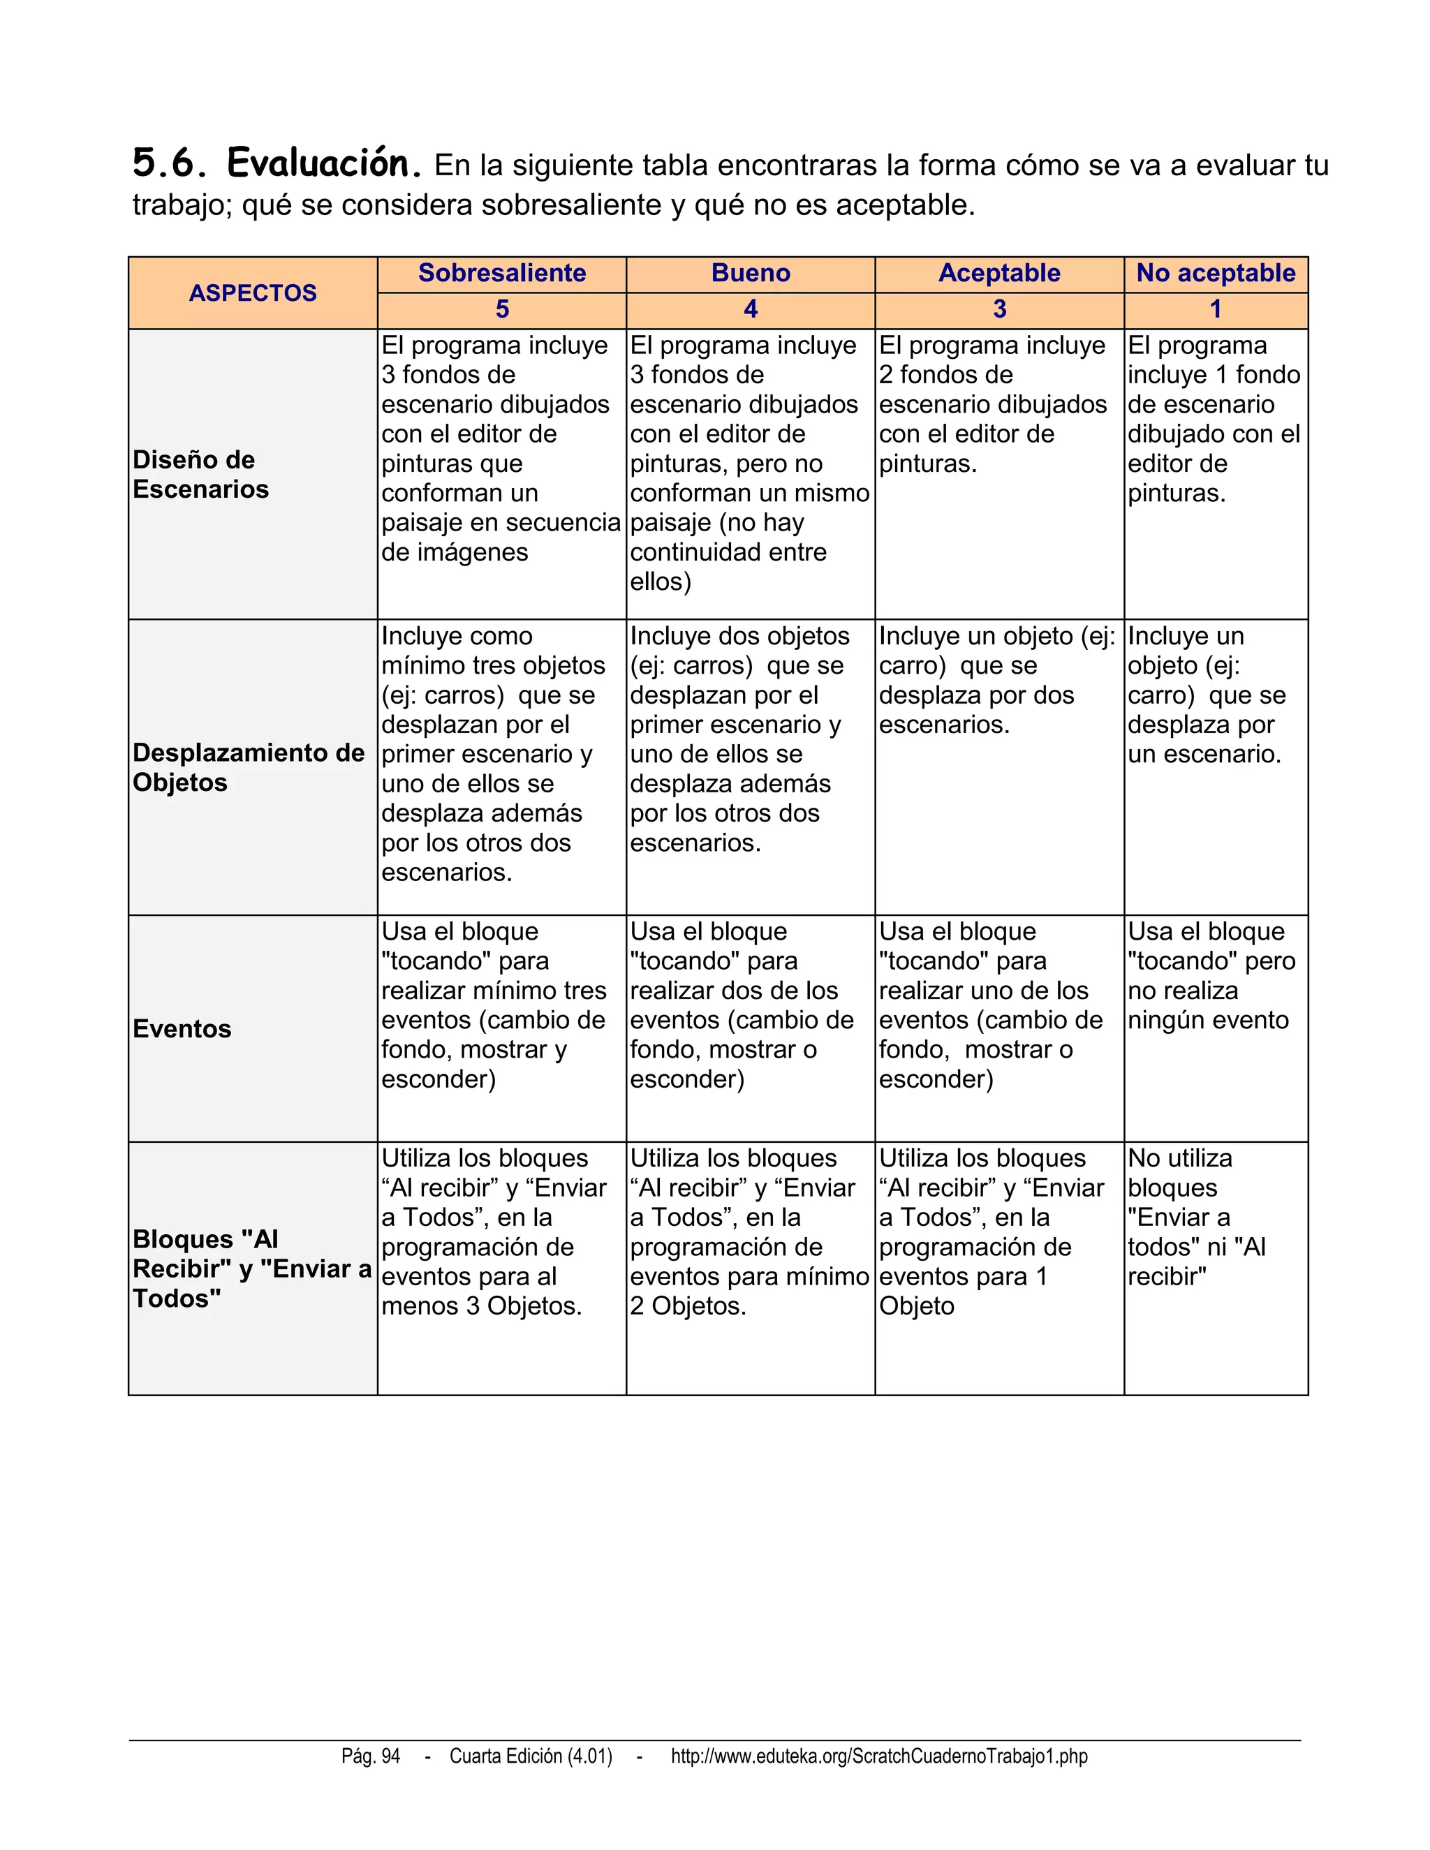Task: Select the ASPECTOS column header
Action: coord(253,293)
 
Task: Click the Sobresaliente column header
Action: coord(501,273)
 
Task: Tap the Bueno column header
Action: coord(751,273)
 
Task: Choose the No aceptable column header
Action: coord(1216,273)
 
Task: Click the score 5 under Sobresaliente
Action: coord(501,309)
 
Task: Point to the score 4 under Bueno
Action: coord(751,309)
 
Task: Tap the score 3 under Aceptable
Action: coord(1000,309)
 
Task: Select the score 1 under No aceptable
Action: coord(1216,309)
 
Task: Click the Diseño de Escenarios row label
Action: coord(201,474)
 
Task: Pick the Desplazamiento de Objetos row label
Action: coord(248,767)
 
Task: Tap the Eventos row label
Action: coord(182,1028)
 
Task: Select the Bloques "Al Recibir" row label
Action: coord(251,1268)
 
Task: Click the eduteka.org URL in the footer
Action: coord(878,1756)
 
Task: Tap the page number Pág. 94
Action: coord(371,1756)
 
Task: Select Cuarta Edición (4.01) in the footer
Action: coord(531,1756)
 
